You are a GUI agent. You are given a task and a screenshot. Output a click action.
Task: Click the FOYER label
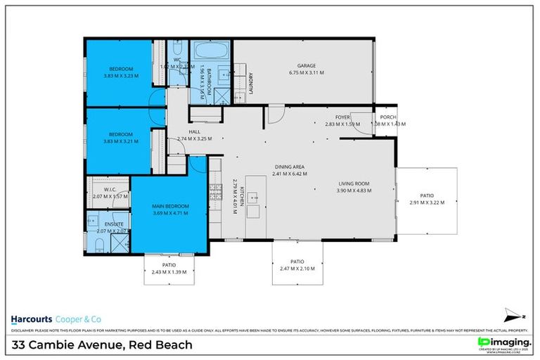342,117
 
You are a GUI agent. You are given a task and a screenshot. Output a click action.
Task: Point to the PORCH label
388,117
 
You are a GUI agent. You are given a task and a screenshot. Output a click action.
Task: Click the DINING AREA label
290,167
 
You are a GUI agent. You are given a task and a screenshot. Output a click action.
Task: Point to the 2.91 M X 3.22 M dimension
427,202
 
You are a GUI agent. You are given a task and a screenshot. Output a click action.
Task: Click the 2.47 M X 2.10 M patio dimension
297,268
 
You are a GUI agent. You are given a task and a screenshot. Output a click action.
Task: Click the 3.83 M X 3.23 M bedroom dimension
121,75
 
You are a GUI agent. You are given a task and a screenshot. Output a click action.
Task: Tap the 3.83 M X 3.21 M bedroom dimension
121,141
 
